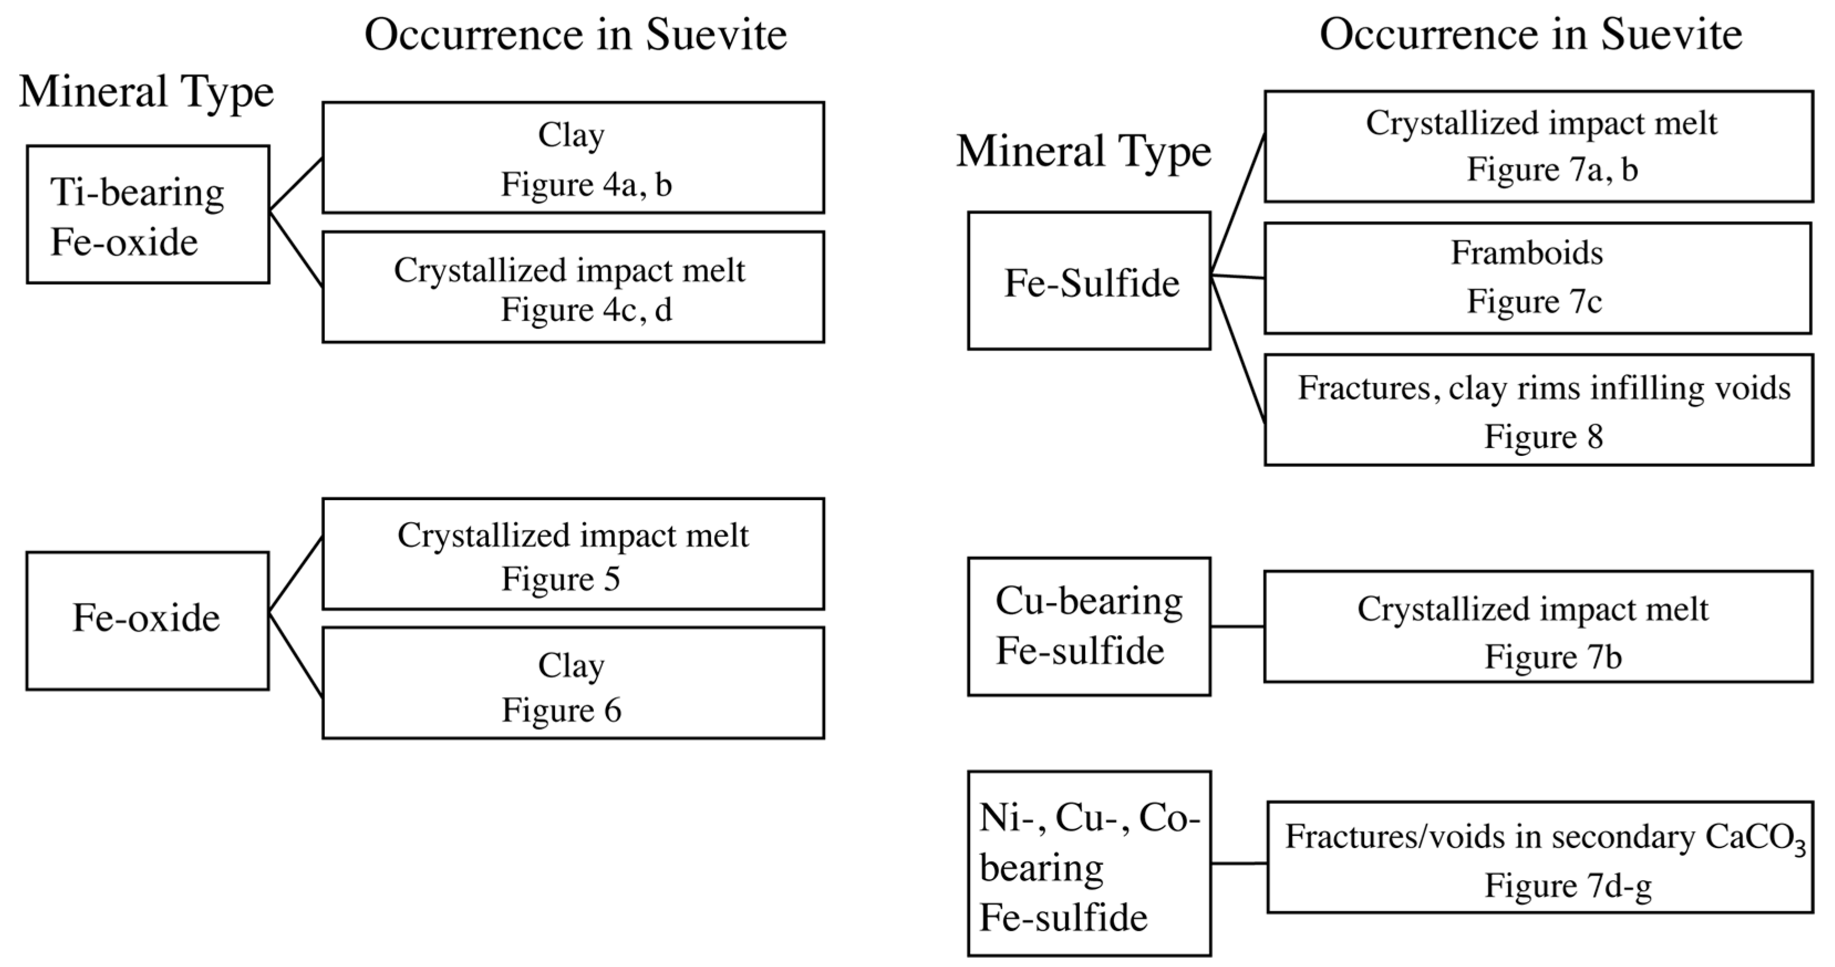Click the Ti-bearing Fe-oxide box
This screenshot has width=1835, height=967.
pyautogui.click(x=147, y=214)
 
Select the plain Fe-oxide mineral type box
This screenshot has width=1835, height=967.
pyautogui.click(x=147, y=620)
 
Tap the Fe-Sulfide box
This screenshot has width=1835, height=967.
pyautogui.click(x=1088, y=281)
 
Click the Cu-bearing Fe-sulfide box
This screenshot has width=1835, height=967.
pyautogui.click(x=1088, y=627)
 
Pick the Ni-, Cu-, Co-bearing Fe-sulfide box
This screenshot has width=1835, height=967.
pyautogui.click(x=1088, y=864)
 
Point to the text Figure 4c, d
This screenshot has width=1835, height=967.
pyautogui.click(x=585, y=310)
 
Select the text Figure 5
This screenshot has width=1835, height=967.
pyautogui.click(x=561, y=579)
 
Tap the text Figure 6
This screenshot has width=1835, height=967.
pyautogui.click(x=561, y=710)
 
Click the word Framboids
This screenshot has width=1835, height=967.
pyautogui.click(x=1527, y=253)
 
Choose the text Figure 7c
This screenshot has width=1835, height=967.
pyautogui.click(x=1533, y=301)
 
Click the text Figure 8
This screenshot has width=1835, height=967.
pyautogui.click(x=1543, y=436)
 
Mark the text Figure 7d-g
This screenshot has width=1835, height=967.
pyautogui.click(x=1567, y=886)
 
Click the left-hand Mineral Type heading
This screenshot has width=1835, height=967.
pyautogui.click(x=146, y=92)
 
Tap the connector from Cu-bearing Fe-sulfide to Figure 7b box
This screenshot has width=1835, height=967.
pyautogui.click(x=1237, y=627)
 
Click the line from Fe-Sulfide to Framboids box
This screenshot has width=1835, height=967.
pyautogui.click(x=1237, y=276)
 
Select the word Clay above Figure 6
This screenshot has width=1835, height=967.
pyautogui.click(x=571, y=666)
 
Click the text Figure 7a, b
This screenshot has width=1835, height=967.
pyautogui.click(x=1552, y=169)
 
